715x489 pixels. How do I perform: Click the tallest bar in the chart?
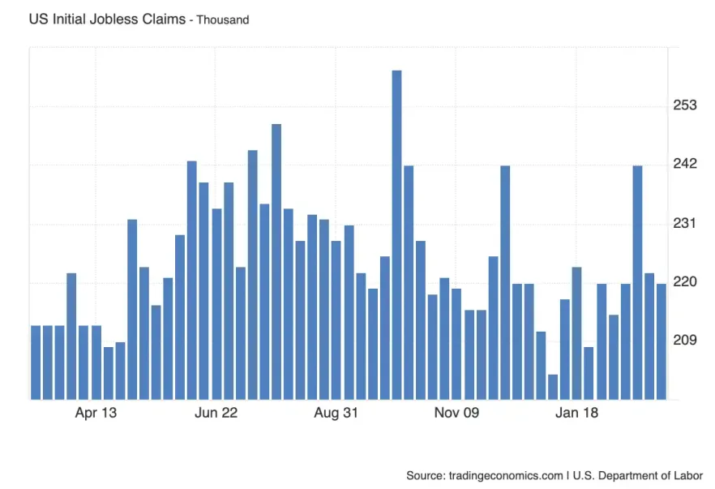click(396, 235)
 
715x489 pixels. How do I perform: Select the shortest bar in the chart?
click(553, 387)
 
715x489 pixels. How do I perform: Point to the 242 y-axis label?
click(686, 164)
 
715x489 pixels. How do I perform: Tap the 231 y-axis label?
click(686, 223)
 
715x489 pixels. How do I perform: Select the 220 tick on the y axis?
click(686, 281)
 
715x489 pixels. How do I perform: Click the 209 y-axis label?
click(686, 340)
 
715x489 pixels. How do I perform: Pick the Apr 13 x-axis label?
click(96, 414)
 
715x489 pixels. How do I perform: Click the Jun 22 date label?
click(216, 414)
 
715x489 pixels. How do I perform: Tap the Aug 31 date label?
click(336, 414)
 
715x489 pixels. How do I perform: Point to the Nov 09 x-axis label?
click(456, 414)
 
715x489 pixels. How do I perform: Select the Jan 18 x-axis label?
click(576, 414)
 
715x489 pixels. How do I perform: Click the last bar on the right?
click(661, 341)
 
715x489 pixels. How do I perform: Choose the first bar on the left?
click(36, 362)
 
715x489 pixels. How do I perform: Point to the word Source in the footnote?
click(426, 475)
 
